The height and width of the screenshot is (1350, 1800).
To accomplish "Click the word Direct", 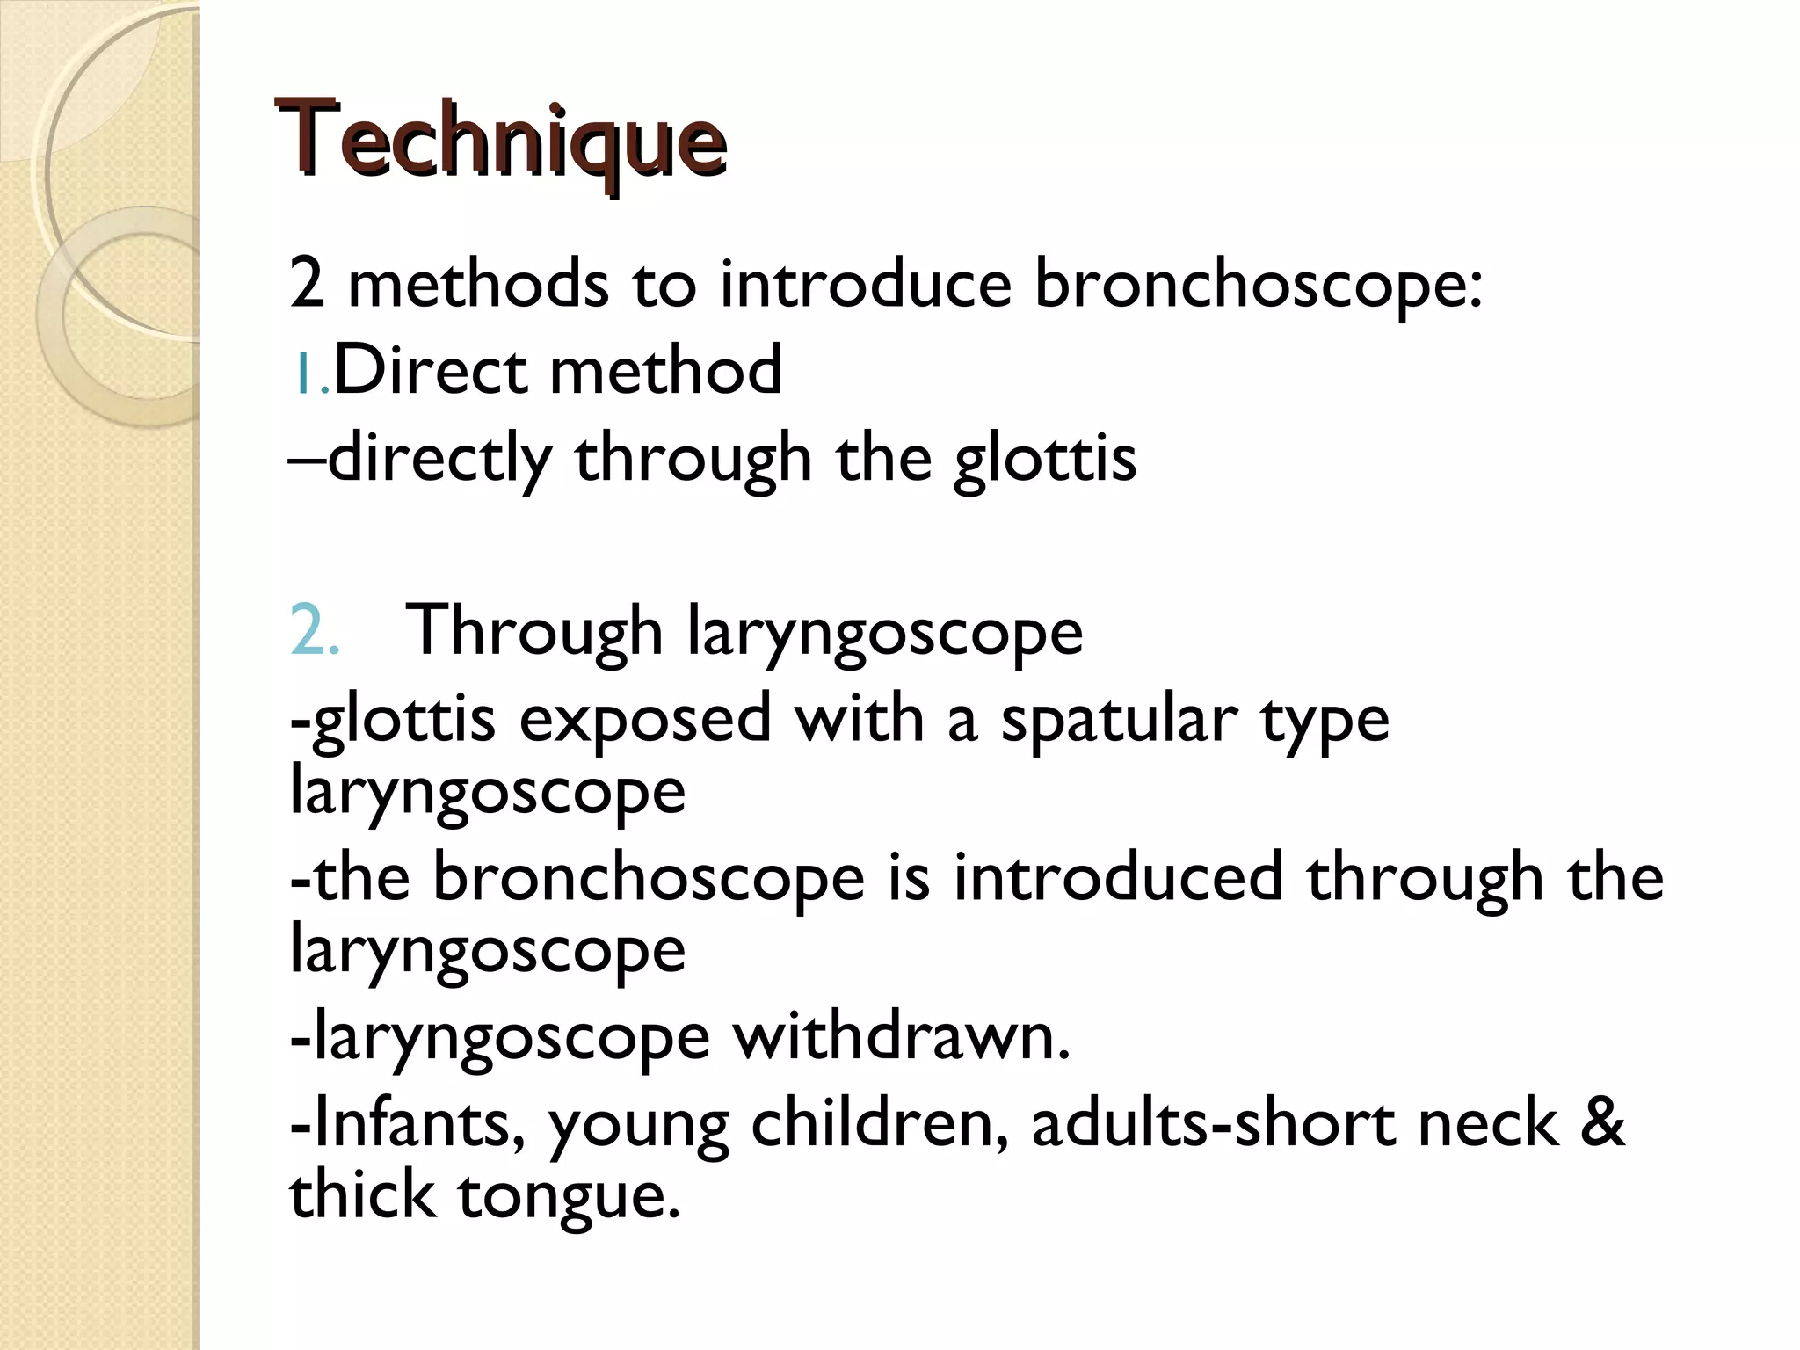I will point(430,370).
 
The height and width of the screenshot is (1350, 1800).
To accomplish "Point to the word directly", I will point(439,459).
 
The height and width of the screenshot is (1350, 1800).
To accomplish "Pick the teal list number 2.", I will point(313,631).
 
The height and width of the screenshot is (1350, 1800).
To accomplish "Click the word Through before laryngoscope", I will point(533,631).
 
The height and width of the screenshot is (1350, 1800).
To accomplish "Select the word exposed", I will point(644,719).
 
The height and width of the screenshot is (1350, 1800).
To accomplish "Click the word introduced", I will point(1118,877).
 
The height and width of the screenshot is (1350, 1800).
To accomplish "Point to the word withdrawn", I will point(900,1037).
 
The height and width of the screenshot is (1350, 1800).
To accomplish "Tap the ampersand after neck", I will point(1601,1124).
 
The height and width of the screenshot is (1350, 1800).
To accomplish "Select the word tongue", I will point(570,1196).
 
